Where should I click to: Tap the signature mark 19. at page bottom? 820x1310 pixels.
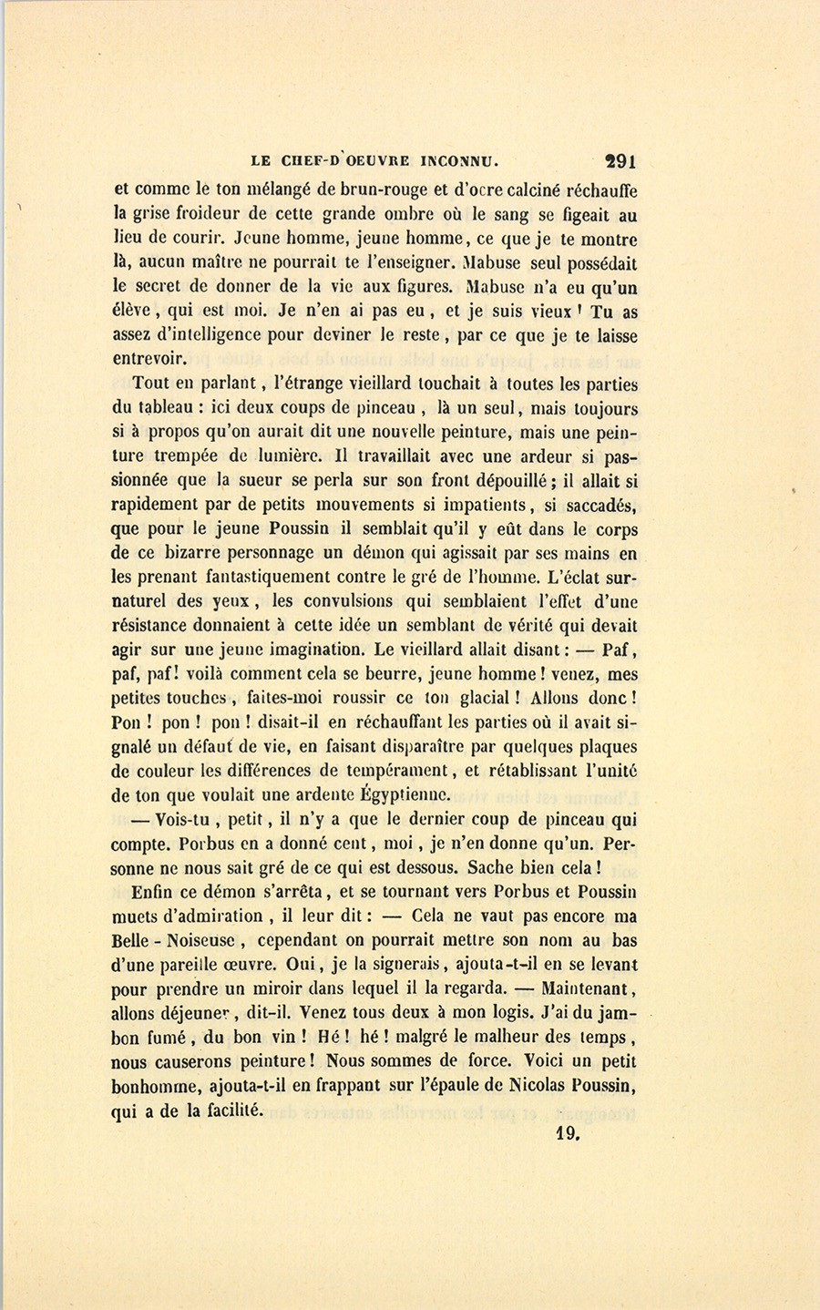tap(568, 1134)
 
